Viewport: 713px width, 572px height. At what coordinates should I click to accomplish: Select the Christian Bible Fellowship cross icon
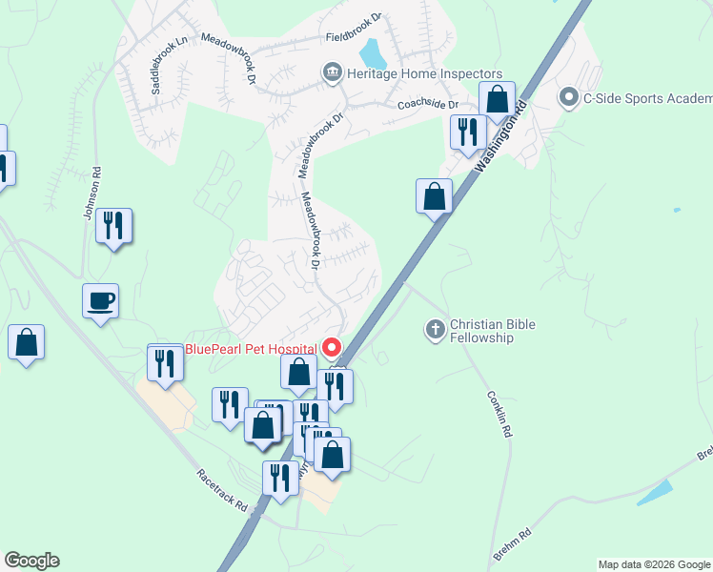435,330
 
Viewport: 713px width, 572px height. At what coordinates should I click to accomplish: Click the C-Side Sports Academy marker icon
569,96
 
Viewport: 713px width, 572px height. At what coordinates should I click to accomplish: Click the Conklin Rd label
499,414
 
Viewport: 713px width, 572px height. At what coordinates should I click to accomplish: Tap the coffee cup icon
101,301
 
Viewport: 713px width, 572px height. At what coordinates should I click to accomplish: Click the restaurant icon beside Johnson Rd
113,226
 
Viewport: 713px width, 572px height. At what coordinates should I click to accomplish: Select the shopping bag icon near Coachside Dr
497,98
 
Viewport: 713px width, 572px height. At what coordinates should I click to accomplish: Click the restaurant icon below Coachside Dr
466,131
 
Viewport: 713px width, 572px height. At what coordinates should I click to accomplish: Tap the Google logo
31,561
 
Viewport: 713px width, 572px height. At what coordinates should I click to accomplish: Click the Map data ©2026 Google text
654,564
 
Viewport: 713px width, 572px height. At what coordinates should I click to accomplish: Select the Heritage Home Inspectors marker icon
332,72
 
